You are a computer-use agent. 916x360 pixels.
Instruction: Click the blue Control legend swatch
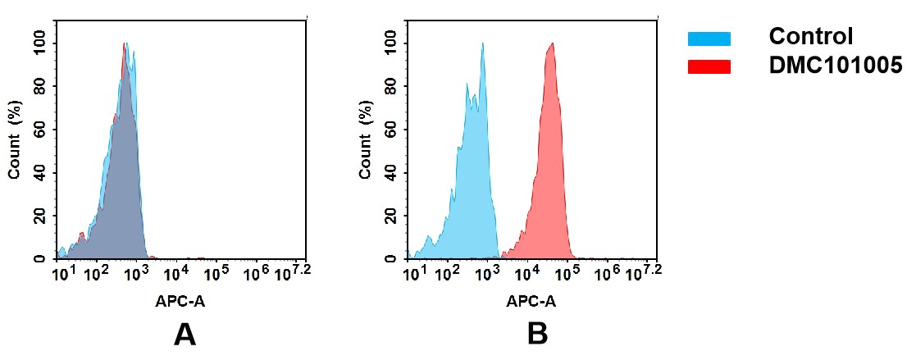tap(709, 38)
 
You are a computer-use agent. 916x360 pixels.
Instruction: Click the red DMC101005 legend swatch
tap(709, 66)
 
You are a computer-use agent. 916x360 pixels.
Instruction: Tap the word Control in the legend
tap(811, 37)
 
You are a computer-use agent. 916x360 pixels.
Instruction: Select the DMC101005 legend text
tap(835, 66)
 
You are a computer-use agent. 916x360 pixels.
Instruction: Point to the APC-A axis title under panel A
tap(180, 301)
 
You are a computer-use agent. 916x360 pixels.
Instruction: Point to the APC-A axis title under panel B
tap(531, 301)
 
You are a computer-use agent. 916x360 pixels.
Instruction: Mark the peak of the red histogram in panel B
tap(551, 44)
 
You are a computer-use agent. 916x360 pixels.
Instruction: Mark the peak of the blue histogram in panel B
tap(482, 44)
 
